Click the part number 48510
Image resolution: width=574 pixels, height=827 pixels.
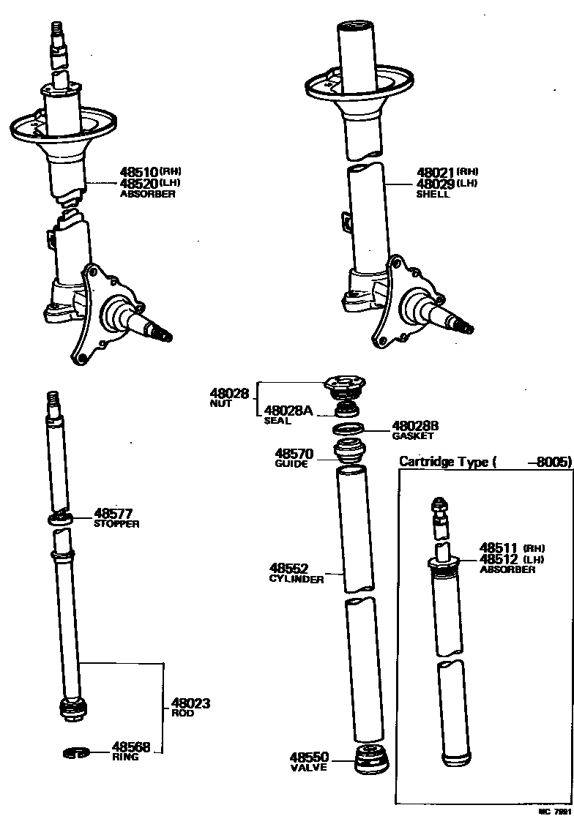click(139, 173)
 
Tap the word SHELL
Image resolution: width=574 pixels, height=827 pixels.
click(433, 195)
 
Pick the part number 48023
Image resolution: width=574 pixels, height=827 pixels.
click(191, 703)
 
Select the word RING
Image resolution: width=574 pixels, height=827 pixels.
click(125, 757)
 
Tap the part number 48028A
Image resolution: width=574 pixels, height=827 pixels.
click(288, 411)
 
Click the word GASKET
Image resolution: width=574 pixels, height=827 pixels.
click(413, 435)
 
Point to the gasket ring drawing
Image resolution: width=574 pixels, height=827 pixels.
click(348, 428)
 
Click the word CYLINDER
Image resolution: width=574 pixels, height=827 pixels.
click(296, 579)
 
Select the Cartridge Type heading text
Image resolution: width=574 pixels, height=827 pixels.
click(447, 461)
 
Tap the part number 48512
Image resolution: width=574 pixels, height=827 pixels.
click(498, 559)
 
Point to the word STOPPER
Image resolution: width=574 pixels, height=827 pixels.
click(116, 524)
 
